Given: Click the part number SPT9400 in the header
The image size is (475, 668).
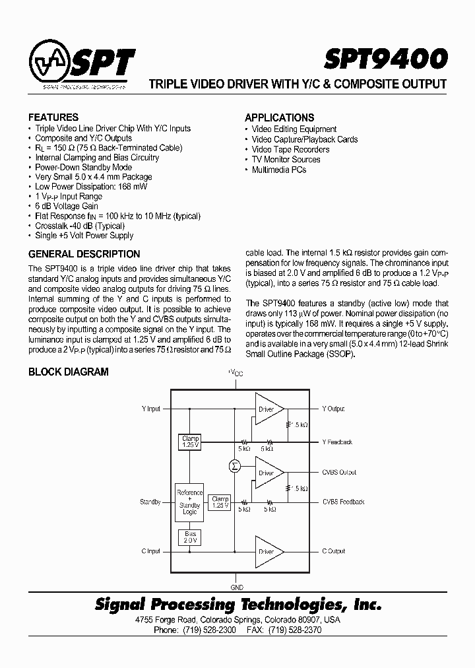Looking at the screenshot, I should point(385,59).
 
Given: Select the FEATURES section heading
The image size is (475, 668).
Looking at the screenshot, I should point(53,117).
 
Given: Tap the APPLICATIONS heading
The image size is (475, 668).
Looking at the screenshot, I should point(279,117).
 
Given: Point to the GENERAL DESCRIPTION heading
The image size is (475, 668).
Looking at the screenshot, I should point(84,254).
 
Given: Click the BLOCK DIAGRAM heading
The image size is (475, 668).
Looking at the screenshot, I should point(69,372).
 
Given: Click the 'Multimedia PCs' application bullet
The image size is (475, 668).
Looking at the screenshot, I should point(279,170).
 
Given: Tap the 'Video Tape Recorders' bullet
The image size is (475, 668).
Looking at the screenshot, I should point(290,149).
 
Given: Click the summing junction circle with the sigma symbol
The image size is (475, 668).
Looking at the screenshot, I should point(234,467).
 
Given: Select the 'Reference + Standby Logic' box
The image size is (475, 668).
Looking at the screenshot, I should point(190,503).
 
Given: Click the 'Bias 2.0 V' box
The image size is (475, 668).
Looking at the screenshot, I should point(190,537).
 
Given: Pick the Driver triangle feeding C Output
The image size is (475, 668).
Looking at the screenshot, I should point(269,551).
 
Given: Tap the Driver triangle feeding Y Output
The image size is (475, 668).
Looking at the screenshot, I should point(269,409).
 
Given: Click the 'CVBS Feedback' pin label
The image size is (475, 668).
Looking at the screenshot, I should point(343,502).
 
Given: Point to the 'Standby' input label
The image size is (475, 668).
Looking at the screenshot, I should point(150,502).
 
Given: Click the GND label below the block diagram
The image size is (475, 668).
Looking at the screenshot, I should point(237,587).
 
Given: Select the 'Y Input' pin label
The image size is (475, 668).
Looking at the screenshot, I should point(150,409).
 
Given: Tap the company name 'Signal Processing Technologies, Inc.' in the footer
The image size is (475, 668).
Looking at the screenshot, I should point(238,605).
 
